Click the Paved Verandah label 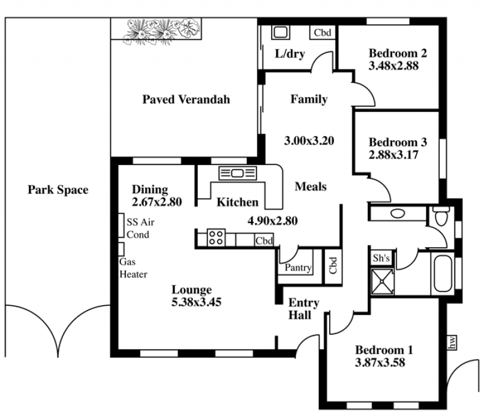point(186,99)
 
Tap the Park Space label point(58,190)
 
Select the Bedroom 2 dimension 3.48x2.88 point(394,66)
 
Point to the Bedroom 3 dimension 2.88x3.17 point(394,155)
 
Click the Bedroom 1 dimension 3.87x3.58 point(380,363)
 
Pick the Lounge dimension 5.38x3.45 point(196,302)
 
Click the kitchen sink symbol point(237,173)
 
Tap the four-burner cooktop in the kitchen point(216,238)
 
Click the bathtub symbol point(443,274)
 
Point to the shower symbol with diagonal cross point(382,281)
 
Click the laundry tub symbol point(280,32)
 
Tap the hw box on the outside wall point(452,343)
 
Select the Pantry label point(298,267)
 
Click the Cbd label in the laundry point(322,33)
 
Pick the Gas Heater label point(133,268)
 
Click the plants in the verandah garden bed point(162,31)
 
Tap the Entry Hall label point(304,309)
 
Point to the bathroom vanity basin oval point(397,213)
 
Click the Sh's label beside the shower point(382,258)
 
